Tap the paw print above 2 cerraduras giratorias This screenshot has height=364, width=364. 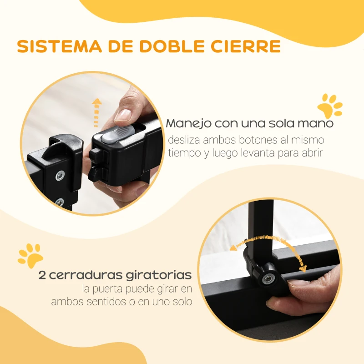coord(30,256)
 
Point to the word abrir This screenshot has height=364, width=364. coord(311,153)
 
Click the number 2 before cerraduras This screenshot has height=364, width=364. coord(42,275)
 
